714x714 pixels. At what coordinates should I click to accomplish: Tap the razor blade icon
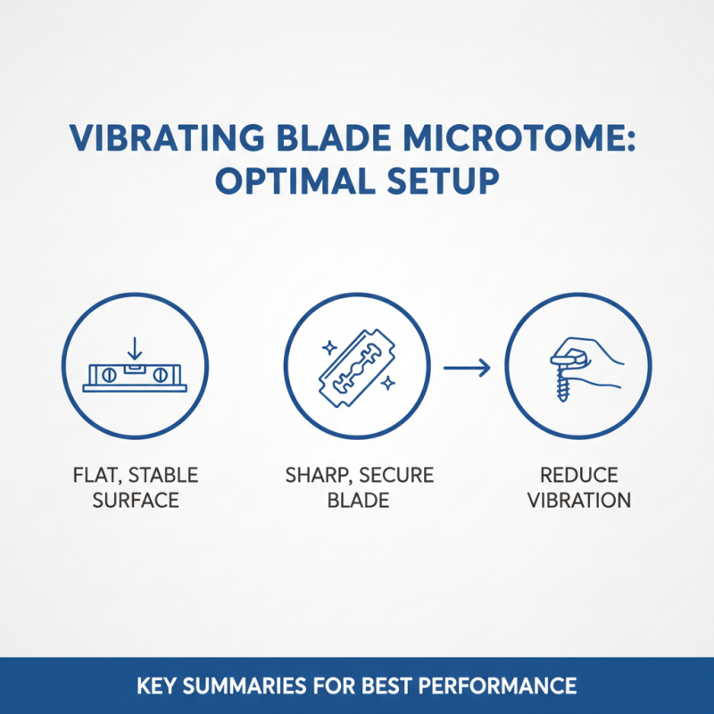[x=356, y=366]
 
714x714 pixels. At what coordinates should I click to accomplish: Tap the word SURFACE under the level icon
[x=135, y=499]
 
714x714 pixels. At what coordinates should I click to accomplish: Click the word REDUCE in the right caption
[x=578, y=475]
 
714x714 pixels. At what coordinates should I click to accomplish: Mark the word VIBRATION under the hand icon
[x=578, y=499]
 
